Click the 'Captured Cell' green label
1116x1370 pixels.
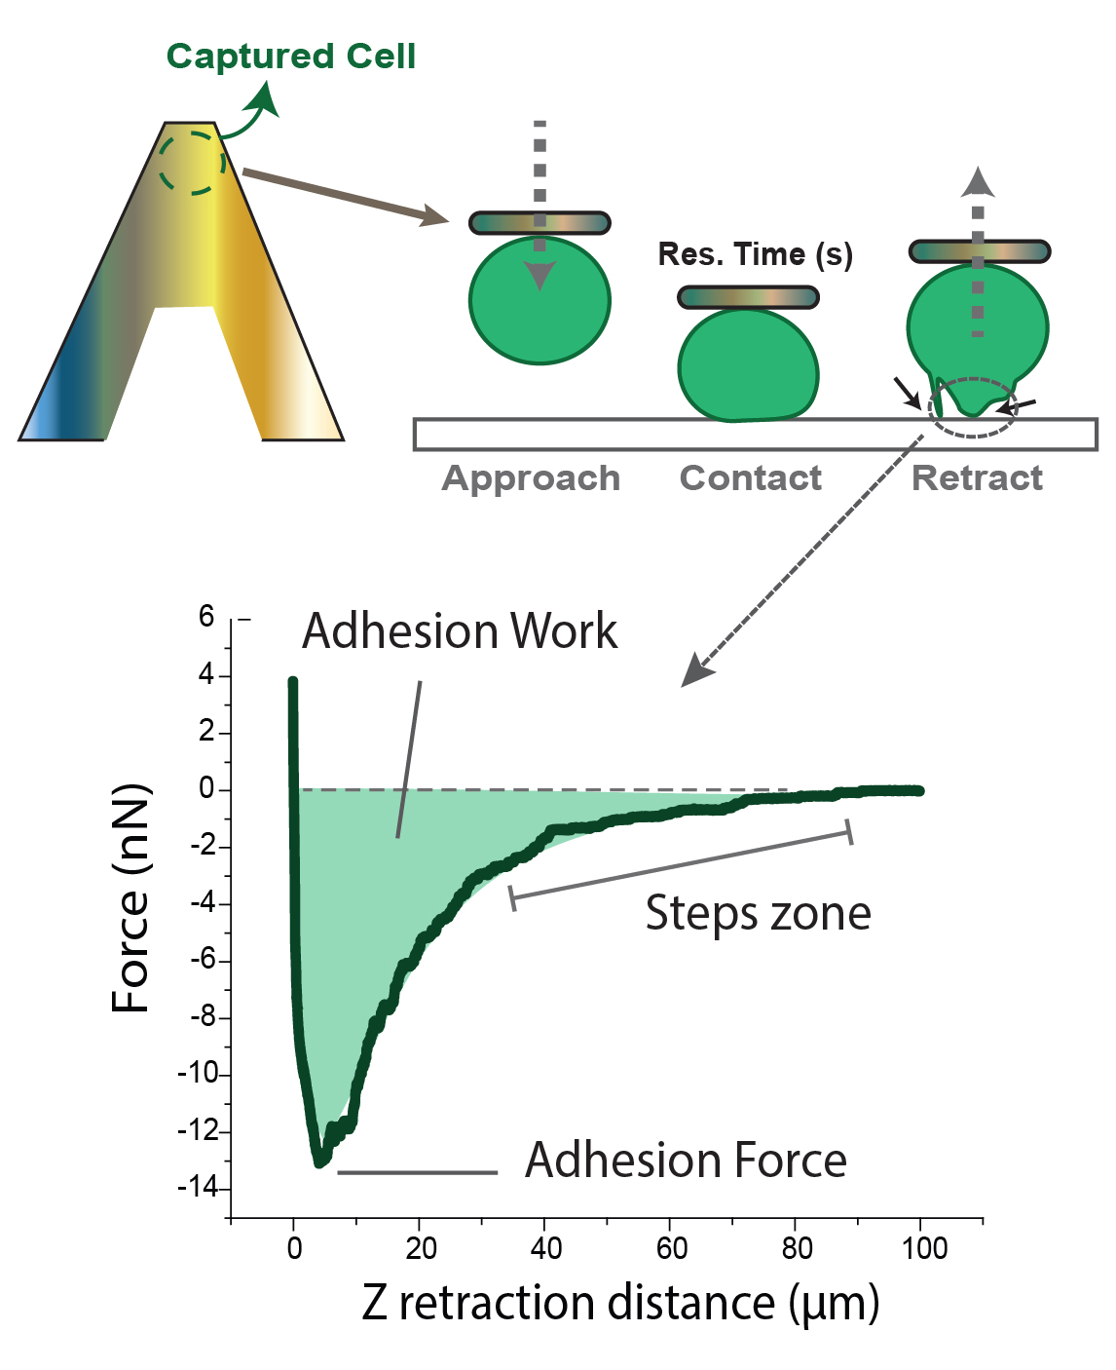[291, 57]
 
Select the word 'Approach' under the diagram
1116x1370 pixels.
[531, 479]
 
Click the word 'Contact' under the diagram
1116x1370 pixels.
[750, 478]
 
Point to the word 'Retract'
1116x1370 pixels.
[977, 478]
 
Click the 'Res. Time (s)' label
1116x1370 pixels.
[756, 254]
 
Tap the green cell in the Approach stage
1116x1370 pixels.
[539, 300]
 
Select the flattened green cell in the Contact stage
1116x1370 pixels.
[748, 365]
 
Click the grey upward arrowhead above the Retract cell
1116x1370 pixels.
[978, 182]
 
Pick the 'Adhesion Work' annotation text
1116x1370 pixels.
[460, 631]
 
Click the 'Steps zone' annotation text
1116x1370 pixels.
[758, 913]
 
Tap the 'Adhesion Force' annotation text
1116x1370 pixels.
[686, 1161]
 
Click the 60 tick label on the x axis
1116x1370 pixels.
[671, 1249]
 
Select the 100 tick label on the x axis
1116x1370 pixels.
[924, 1249]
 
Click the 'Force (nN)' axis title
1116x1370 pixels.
[130, 898]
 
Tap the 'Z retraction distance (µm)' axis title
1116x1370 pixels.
[620, 1304]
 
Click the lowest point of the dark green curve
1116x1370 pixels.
[319, 1162]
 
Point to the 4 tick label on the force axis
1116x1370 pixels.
[205, 674]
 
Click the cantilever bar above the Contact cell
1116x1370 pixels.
[748, 298]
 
